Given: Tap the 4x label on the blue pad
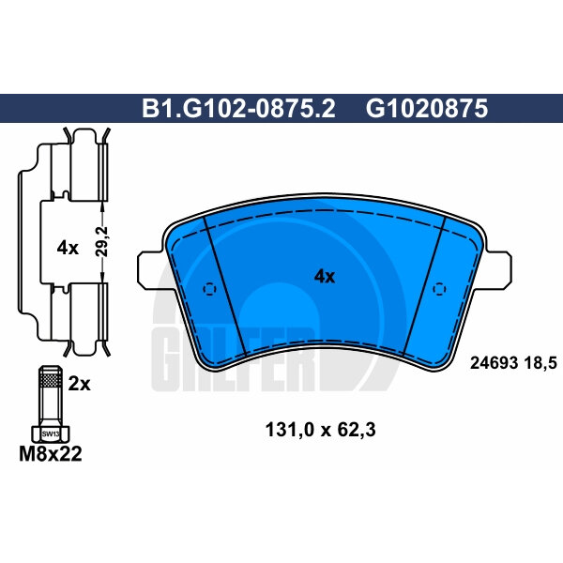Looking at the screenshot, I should [324, 276].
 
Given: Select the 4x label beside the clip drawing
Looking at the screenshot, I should [67, 248].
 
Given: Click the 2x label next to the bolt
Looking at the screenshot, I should [79, 383].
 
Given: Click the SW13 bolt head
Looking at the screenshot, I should [49, 434].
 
